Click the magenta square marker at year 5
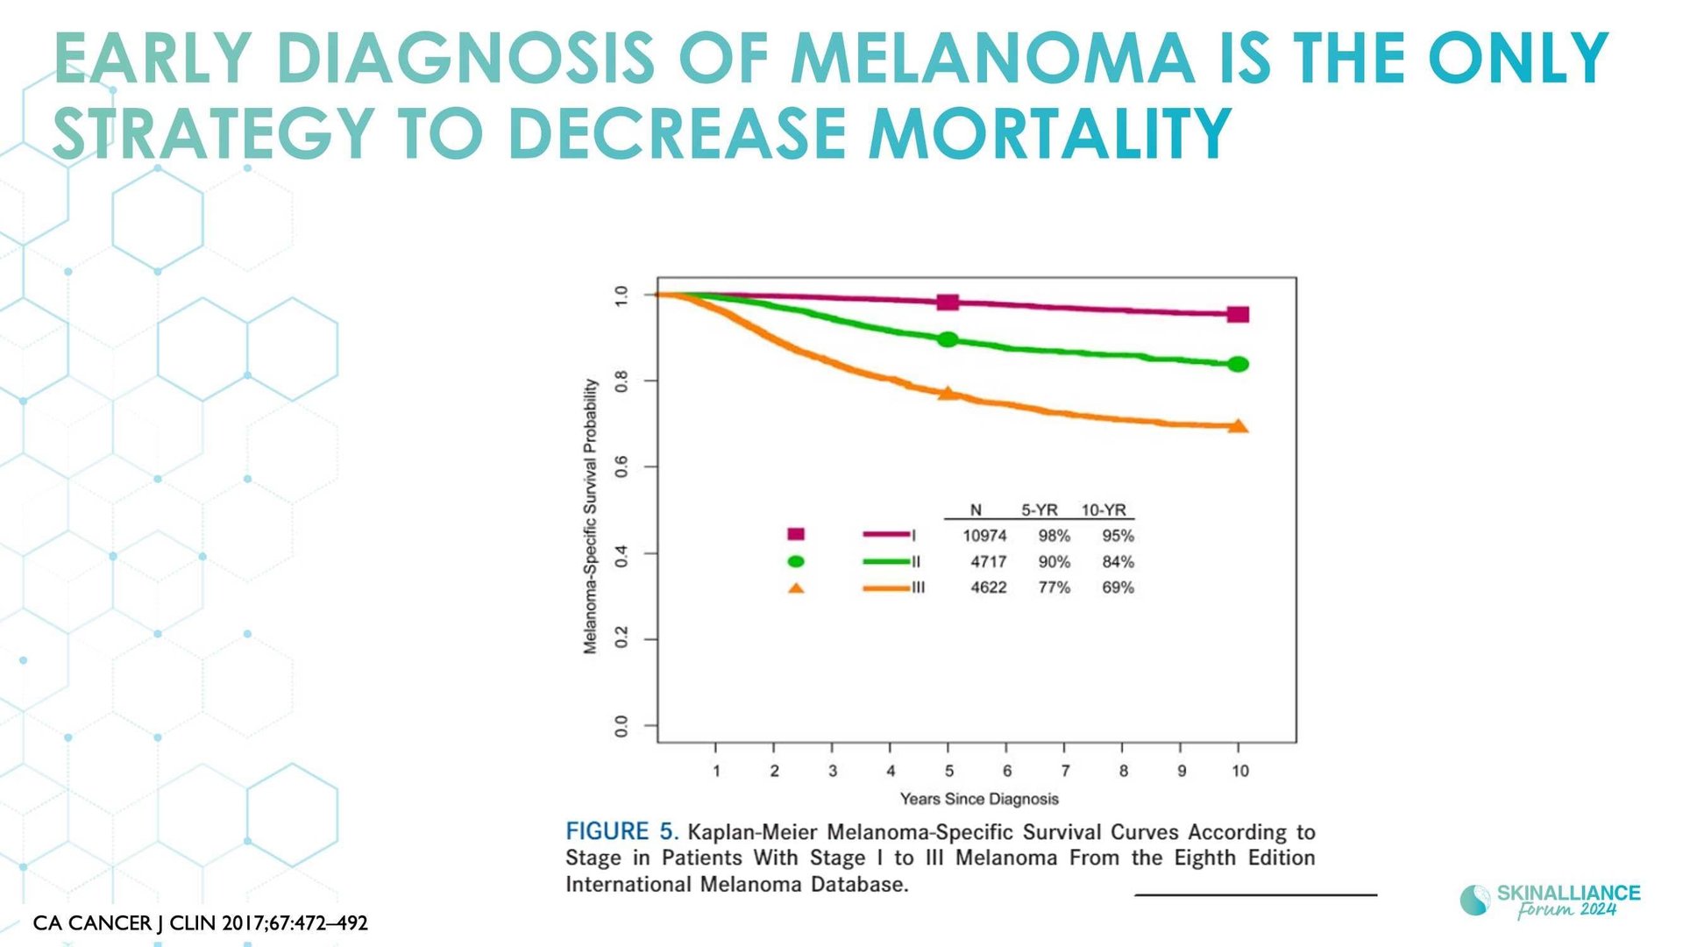(x=948, y=303)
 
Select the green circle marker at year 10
(x=1239, y=364)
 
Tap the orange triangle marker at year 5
(x=947, y=393)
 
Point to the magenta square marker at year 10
(x=1238, y=315)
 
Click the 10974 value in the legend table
(x=984, y=536)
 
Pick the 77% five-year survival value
(x=1055, y=587)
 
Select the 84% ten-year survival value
(x=1118, y=561)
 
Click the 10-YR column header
(x=1104, y=510)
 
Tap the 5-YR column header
(x=1040, y=510)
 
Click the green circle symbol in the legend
(x=796, y=561)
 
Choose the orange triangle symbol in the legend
(x=796, y=587)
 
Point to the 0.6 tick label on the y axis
(x=621, y=466)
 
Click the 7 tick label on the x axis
(x=1065, y=771)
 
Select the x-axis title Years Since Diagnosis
(x=979, y=799)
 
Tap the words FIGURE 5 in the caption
(x=622, y=831)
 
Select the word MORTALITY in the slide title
(x=1050, y=133)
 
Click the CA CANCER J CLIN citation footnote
(x=201, y=923)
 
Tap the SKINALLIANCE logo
(x=1550, y=900)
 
